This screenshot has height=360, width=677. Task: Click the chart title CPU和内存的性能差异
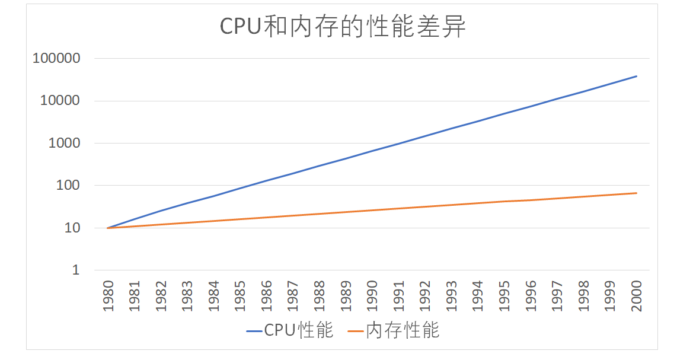click(x=343, y=27)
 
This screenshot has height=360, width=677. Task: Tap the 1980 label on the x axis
click(x=107, y=297)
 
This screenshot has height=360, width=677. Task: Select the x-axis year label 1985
click(x=239, y=297)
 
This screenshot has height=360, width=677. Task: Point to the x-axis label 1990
click(x=372, y=297)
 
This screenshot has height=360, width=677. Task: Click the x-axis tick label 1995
click(x=504, y=297)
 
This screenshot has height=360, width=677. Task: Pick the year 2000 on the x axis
click(x=636, y=297)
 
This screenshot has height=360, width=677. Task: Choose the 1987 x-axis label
click(x=292, y=297)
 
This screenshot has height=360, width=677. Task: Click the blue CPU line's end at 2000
click(x=636, y=76)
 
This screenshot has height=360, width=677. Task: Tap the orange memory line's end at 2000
click(x=636, y=193)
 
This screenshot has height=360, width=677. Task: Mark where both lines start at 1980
click(x=107, y=228)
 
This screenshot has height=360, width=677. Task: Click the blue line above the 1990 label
click(x=372, y=151)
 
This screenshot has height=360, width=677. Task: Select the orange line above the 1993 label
click(x=451, y=205)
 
